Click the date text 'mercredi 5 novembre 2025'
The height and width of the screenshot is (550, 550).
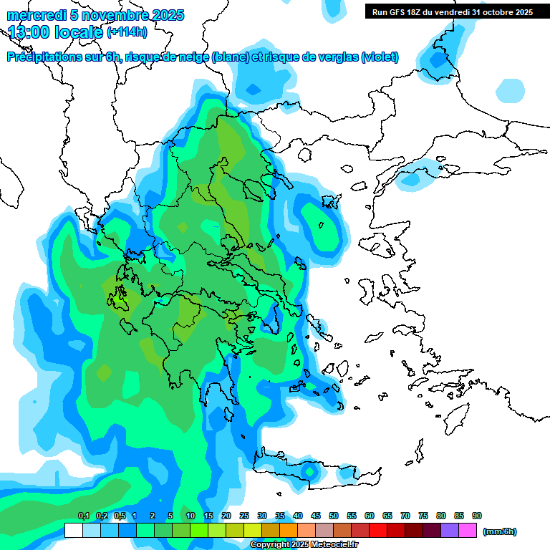click(95, 15)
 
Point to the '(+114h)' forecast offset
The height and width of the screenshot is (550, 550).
click(127, 32)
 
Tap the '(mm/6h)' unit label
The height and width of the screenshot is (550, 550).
click(500, 531)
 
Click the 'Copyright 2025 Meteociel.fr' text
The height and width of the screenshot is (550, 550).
click(304, 545)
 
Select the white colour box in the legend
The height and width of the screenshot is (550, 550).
click(74, 531)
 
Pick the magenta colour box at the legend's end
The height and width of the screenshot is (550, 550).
click(468, 531)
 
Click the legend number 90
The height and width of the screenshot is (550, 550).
click(477, 516)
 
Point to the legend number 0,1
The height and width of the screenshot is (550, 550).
click(83, 516)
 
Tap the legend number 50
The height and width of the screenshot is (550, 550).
click(334, 516)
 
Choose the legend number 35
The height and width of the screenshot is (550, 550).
click(280, 516)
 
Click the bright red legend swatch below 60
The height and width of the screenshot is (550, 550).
click(378, 531)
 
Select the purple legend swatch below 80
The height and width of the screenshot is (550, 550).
click(450, 531)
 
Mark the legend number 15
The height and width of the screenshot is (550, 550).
click(208, 516)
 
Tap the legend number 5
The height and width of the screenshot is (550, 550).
click(170, 516)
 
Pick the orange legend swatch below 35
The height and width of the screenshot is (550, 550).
click(289, 531)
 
